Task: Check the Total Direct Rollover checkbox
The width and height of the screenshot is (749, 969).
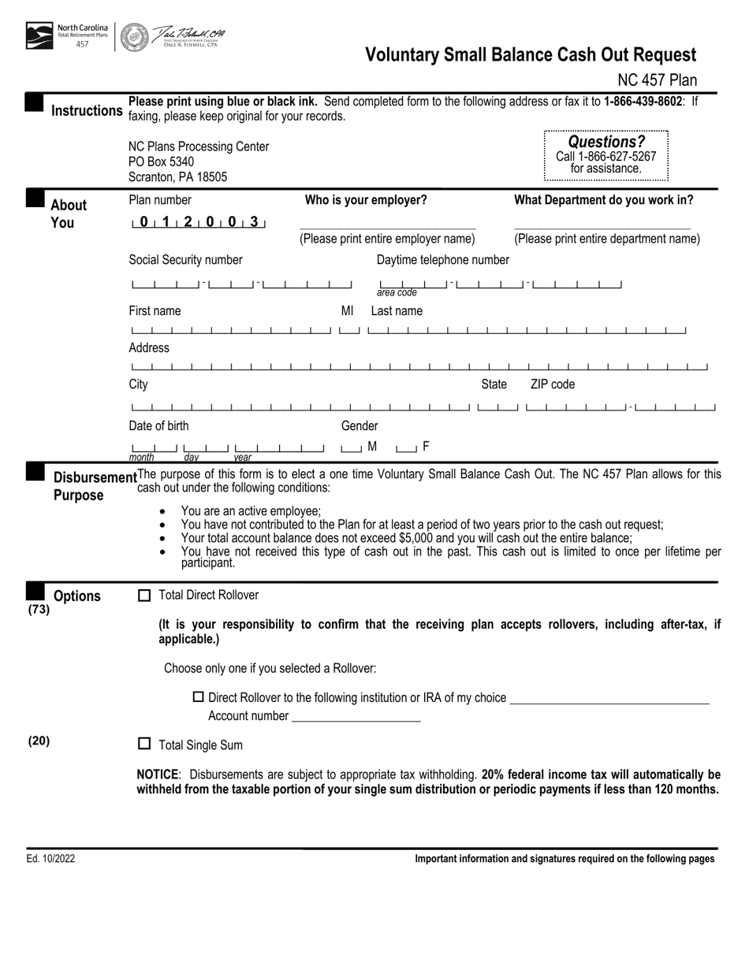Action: tap(144, 596)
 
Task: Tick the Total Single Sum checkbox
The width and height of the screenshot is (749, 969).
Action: tap(144, 744)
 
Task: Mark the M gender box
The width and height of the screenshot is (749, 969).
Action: tap(350, 448)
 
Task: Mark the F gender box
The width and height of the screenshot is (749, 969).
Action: tap(406, 448)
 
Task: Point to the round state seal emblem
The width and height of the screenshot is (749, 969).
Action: tap(134, 36)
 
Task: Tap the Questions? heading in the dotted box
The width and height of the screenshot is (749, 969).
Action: tap(606, 142)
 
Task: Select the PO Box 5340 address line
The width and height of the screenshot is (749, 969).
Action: tap(161, 161)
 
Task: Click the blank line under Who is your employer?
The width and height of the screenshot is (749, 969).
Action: tap(387, 228)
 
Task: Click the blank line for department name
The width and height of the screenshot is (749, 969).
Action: tap(602, 228)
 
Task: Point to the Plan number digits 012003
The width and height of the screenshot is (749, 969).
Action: tap(199, 222)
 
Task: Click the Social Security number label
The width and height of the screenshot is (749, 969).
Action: tap(185, 260)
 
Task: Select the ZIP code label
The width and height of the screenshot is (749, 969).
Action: tap(552, 384)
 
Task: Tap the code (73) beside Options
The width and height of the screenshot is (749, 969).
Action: tap(39, 609)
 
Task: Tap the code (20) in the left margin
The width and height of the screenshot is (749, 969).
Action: tap(39, 741)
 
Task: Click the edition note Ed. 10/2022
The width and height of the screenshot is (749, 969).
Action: tap(50, 859)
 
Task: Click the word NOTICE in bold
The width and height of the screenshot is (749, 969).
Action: tap(158, 774)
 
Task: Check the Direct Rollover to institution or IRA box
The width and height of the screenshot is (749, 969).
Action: tap(199, 697)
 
